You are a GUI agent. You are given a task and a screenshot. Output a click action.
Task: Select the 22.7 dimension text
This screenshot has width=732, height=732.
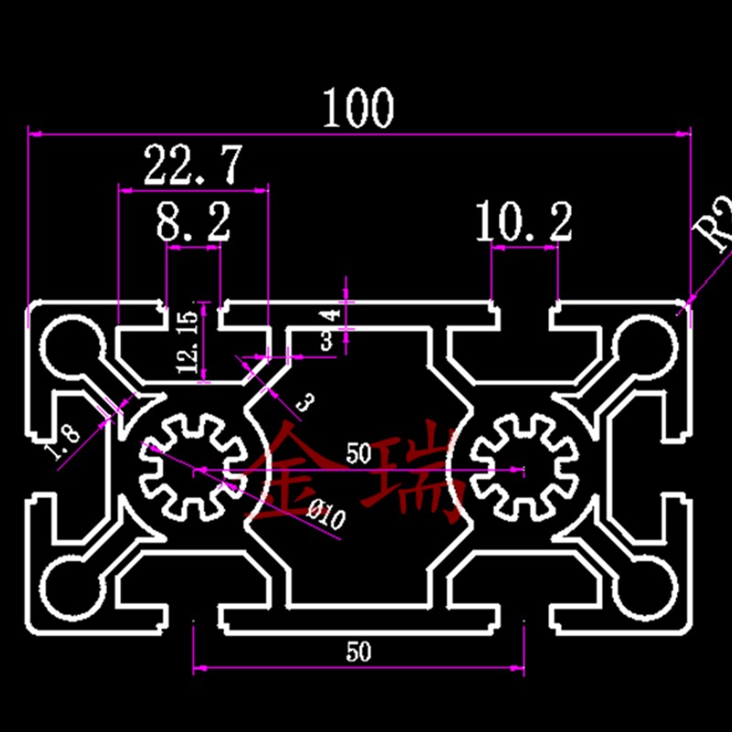(193, 166)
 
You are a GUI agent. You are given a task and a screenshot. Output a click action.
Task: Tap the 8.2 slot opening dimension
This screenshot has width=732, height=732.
(192, 222)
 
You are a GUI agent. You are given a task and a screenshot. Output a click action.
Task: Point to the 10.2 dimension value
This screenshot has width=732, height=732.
(524, 222)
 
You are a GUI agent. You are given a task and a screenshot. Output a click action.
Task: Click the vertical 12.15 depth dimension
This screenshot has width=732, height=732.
(187, 341)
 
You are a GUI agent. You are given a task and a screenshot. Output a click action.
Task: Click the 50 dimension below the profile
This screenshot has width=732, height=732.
(359, 651)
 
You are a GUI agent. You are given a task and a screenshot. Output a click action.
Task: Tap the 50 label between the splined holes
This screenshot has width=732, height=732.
(358, 452)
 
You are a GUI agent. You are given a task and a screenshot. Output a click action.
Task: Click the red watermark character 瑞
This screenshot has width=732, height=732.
(416, 476)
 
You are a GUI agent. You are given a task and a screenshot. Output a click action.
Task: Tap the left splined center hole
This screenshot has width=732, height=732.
(192, 463)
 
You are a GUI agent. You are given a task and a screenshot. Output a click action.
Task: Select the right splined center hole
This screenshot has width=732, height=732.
(523, 464)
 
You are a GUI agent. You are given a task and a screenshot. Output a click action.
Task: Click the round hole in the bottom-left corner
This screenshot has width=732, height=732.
(66, 587)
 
